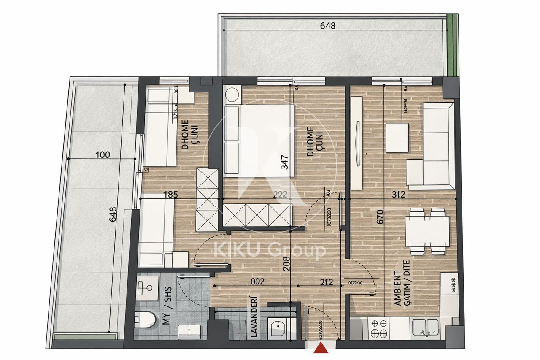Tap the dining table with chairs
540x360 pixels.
click(427, 232)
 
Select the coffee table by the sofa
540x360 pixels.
click(397, 137)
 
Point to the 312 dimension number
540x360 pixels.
click(398, 195)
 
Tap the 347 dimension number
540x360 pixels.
click(286, 162)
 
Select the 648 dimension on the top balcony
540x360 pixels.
click(328, 26)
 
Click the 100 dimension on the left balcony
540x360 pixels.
click(103, 154)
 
